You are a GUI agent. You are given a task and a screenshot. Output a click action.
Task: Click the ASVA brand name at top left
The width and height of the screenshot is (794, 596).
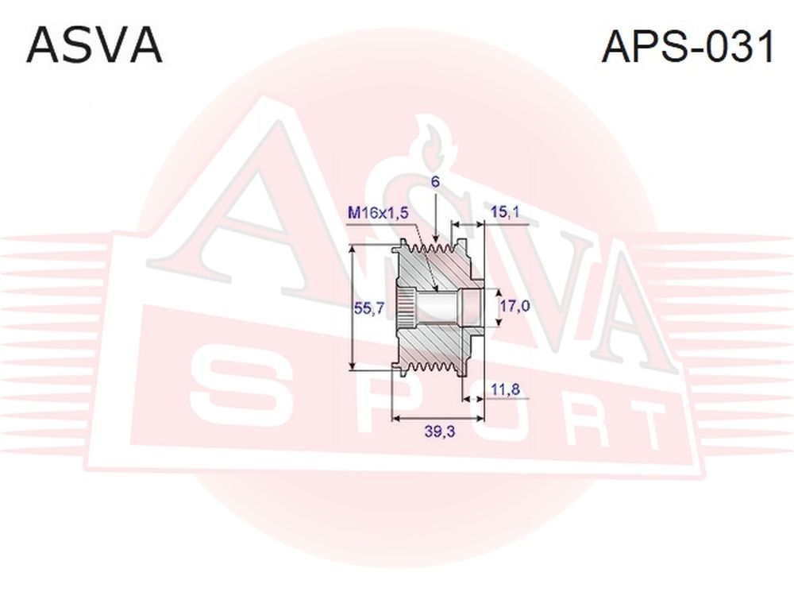(94, 46)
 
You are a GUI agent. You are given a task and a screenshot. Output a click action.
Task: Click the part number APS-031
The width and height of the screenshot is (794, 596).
(688, 46)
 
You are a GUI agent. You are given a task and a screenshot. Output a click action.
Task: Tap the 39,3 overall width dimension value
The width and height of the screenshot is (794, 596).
(440, 432)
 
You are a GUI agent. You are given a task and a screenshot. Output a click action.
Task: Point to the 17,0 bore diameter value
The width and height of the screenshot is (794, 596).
(515, 306)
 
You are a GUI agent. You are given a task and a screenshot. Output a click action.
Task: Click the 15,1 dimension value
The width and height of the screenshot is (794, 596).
(505, 212)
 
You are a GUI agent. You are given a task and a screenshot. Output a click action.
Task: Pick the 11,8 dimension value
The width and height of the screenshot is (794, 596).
(505, 389)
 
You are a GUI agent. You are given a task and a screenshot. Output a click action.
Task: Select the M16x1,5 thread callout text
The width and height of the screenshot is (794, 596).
(378, 213)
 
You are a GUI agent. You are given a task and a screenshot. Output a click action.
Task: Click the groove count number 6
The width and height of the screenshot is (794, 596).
(435, 182)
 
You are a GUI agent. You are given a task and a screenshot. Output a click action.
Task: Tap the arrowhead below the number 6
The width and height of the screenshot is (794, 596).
(435, 238)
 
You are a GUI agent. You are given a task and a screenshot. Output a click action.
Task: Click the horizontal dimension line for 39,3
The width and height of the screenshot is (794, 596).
(438, 419)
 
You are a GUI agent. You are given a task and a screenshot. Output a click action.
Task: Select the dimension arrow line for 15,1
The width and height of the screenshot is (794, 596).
(468, 223)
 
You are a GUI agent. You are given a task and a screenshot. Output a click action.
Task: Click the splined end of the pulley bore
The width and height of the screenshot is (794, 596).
(406, 308)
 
